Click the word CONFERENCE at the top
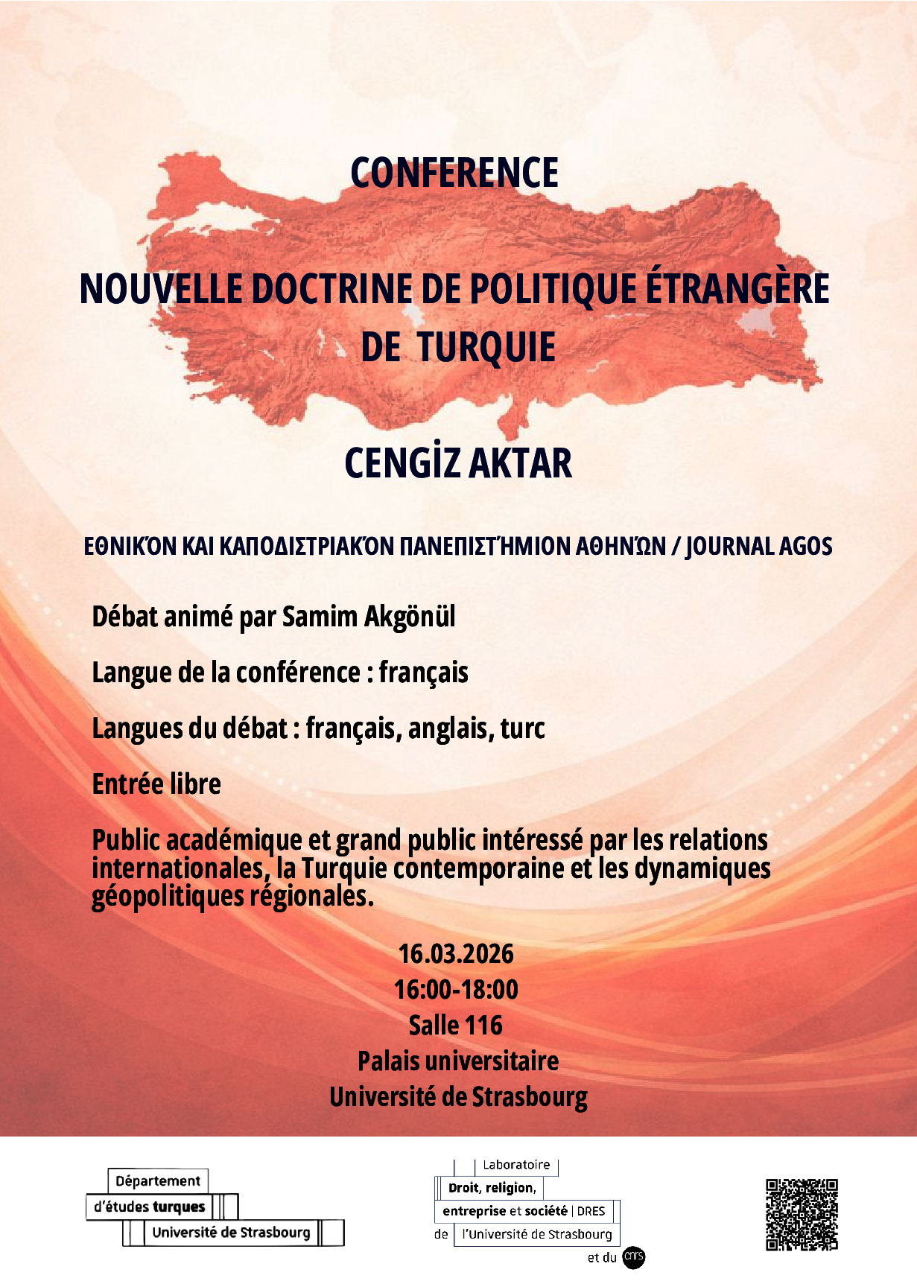[454, 174]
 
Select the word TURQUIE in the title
[486, 347]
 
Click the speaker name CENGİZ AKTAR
[458, 463]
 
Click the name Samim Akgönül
[369, 617]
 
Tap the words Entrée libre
[156, 784]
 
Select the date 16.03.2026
[456, 954]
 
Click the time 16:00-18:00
[456, 990]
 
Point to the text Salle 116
[456, 1026]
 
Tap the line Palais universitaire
[458, 1061]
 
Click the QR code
[802, 1215]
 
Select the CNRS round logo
[633, 1258]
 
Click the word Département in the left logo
[158, 1181]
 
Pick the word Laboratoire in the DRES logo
[516, 1165]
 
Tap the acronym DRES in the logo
[591, 1211]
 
